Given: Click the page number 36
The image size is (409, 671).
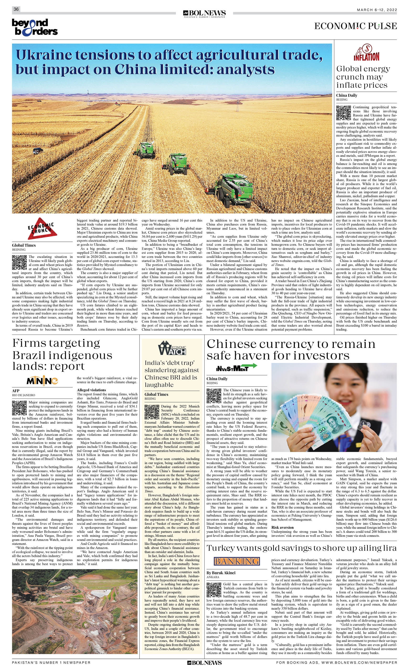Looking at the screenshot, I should (x=16, y=9).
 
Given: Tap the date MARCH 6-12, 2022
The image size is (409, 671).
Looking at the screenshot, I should (x=376, y=10).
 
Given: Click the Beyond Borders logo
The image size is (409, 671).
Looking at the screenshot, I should (x=35, y=27).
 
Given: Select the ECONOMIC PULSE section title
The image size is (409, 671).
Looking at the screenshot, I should (x=355, y=26).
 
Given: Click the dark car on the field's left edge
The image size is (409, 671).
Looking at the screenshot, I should (x=38, y=150).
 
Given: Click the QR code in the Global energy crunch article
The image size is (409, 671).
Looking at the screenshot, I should (x=343, y=113).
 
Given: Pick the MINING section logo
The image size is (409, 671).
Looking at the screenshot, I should (x=42, y=381).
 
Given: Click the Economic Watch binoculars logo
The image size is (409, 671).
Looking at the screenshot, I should (x=172, y=348).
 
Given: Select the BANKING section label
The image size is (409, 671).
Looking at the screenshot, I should (x=237, y=561).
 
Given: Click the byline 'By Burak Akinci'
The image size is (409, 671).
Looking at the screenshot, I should (x=221, y=573).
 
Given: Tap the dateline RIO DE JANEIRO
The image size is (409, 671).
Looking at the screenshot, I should (x=23, y=395).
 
